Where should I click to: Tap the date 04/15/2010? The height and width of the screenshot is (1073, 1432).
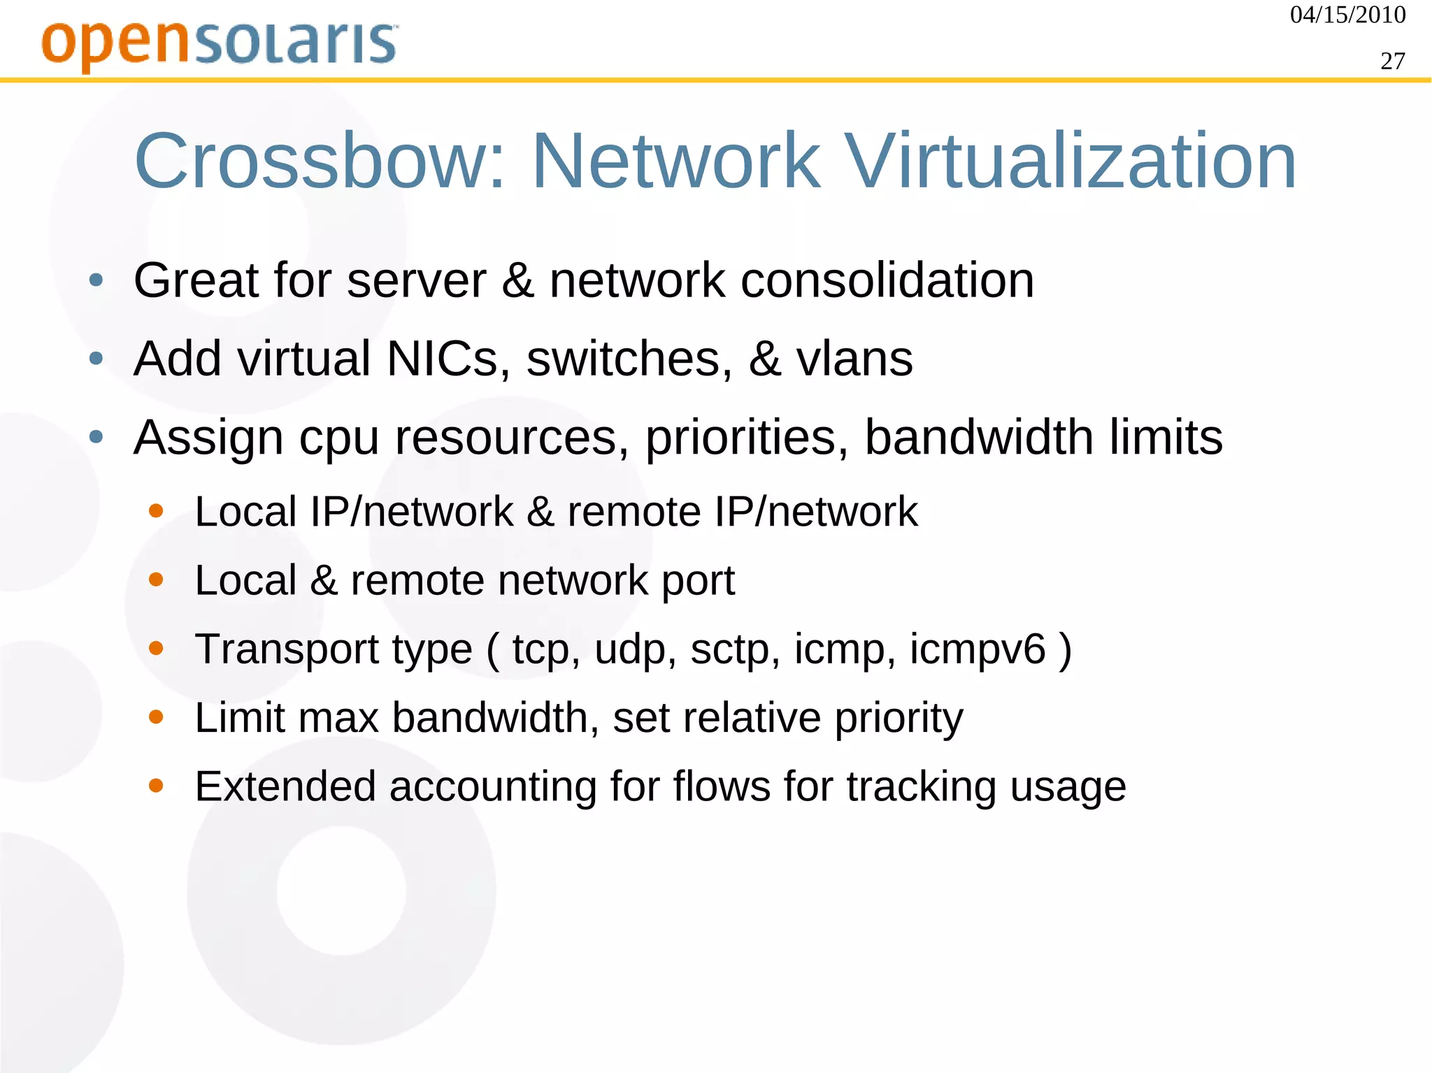point(1347,15)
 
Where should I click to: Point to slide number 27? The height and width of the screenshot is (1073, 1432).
point(1392,62)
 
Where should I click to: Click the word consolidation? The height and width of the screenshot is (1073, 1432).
point(887,280)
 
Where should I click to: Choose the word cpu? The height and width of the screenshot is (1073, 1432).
point(338,438)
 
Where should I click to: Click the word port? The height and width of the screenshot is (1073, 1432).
point(697,581)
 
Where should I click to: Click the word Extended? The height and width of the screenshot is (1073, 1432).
point(285,786)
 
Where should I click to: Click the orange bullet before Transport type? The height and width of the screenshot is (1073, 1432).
point(156,649)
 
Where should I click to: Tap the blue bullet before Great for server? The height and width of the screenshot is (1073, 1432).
point(96,281)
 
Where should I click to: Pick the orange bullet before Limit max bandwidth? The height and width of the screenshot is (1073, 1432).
point(156,717)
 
